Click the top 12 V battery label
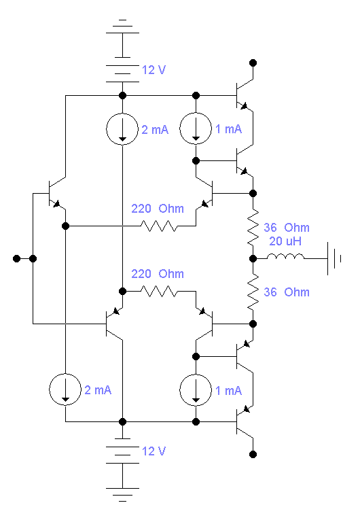pyautogui.click(x=154, y=70)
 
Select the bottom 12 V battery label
pyautogui.click(x=154, y=451)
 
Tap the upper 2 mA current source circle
pyautogui.click(x=122, y=114)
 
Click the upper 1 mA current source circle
pyautogui.click(x=196, y=113)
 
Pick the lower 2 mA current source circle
pyautogui.click(x=65, y=374)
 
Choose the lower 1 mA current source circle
pyautogui.click(x=196, y=374)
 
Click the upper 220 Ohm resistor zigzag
pyautogui.click(x=159, y=226)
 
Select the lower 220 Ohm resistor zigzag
pyautogui.click(x=159, y=291)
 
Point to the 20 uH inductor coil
pyautogui.click(x=285, y=256)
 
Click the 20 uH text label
pyautogui.click(x=285, y=241)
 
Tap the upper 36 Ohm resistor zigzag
pyautogui.click(x=253, y=227)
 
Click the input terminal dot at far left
pyautogui.click(x=16, y=258)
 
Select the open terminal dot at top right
pyautogui.click(x=253, y=63)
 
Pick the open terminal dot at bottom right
pyautogui.click(x=253, y=454)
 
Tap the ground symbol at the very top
pyautogui.click(x=122, y=27)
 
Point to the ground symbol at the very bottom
pyautogui.click(x=122, y=494)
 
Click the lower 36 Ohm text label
pyautogui.click(x=287, y=292)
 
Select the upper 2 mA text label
pyautogui.click(x=155, y=129)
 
